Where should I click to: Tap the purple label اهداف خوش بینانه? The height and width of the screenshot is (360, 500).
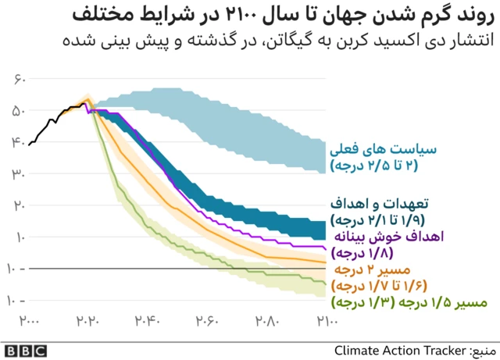(379, 236)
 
